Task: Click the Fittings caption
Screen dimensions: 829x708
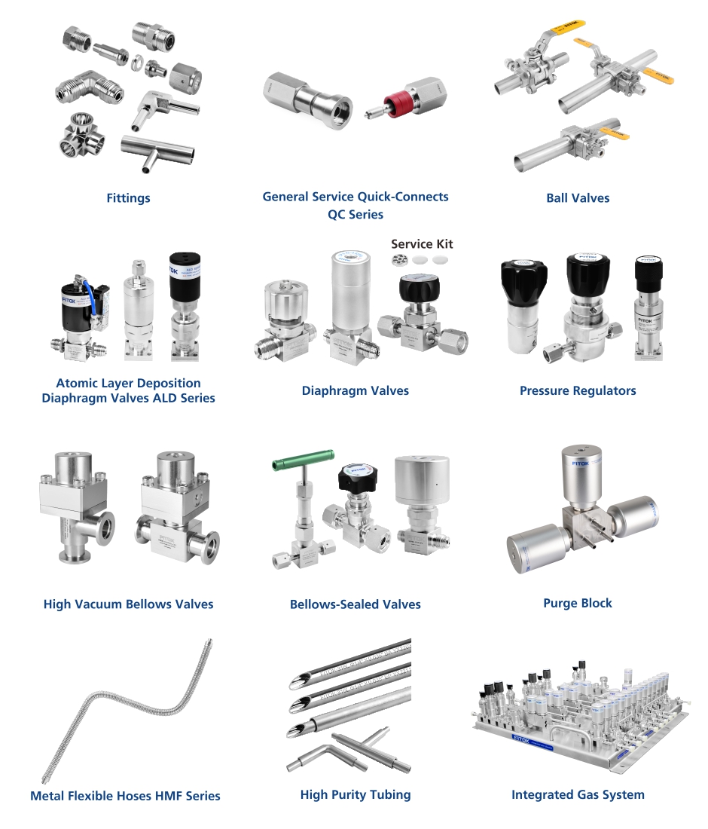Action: (x=128, y=198)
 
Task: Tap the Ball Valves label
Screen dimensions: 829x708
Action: (x=578, y=198)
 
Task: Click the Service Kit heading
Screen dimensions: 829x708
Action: (x=422, y=244)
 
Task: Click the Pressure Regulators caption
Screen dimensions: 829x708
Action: (x=578, y=390)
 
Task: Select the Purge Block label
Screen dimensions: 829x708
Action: (x=578, y=603)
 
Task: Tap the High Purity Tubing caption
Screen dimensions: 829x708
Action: (x=356, y=794)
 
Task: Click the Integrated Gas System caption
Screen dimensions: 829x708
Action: (x=578, y=794)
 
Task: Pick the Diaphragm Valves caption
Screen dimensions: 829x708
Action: (x=356, y=390)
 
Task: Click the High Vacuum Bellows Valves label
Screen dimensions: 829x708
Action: (x=128, y=604)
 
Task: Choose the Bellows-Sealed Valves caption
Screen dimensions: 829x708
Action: (x=356, y=604)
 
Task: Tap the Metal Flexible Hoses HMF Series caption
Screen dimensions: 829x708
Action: (x=125, y=795)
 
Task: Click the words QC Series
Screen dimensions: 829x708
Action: (x=356, y=215)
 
